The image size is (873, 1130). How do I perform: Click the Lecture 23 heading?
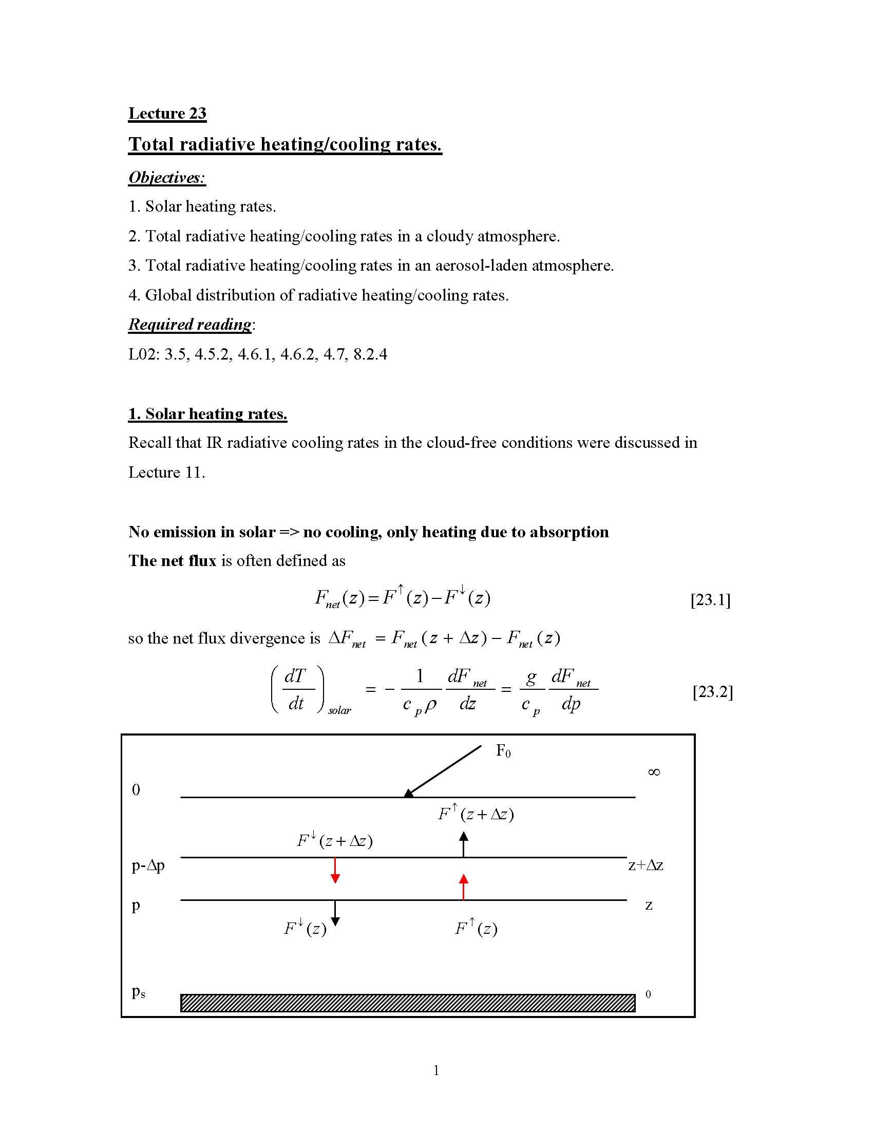click(167, 114)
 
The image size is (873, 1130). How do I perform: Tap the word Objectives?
click(166, 178)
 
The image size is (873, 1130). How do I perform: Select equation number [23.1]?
click(710, 599)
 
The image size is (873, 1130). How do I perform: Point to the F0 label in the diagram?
click(503, 751)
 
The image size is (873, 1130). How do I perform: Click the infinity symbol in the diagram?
click(654, 773)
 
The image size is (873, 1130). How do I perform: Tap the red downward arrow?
click(335, 871)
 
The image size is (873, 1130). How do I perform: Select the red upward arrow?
click(463, 887)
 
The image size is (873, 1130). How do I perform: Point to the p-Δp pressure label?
click(148, 865)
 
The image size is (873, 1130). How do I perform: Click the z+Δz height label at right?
click(646, 865)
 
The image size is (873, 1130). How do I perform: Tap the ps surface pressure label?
click(138, 992)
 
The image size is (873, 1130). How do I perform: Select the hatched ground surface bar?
click(408, 1003)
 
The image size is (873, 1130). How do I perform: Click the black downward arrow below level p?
click(335, 913)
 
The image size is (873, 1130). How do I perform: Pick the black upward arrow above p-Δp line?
click(464, 844)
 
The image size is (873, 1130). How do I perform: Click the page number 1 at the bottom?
click(436, 1070)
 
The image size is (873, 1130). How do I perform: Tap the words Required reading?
click(190, 325)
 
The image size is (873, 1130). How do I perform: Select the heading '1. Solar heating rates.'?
click(207, 414)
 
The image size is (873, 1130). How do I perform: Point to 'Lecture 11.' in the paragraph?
click(166, 473)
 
